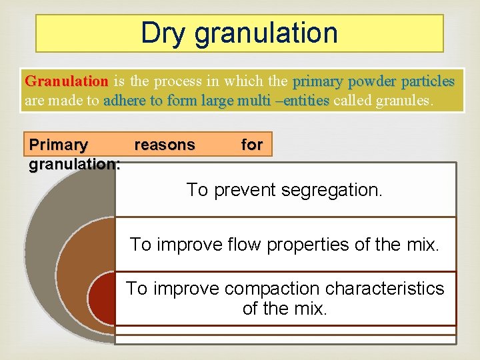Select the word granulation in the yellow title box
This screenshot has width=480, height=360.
tap(266, 33)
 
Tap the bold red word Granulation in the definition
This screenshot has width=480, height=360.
tap(66, 81)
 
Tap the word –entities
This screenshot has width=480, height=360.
tap(302, 101)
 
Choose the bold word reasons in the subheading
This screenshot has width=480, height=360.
tap(165, 145)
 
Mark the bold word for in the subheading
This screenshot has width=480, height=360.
tap(251, 145)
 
